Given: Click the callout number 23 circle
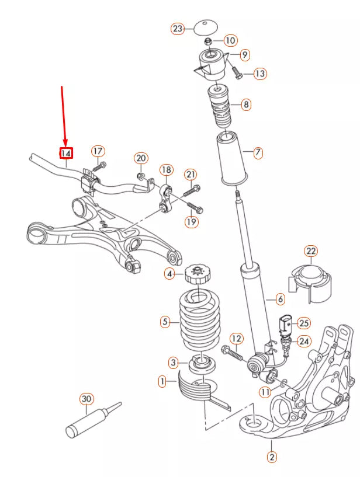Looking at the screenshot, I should coord(178,27).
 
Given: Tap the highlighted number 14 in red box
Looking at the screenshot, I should coord(66,154).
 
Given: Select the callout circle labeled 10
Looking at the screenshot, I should coord(230,40).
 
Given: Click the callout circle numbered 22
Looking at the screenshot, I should coord(310,252).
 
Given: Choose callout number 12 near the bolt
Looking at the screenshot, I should coord(236,338).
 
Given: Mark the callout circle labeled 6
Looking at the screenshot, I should coord(280,300).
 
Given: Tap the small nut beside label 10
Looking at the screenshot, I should coord(209,41).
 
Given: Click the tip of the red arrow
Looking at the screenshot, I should coord(65,145).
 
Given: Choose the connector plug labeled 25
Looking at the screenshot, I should coord(285,324).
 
